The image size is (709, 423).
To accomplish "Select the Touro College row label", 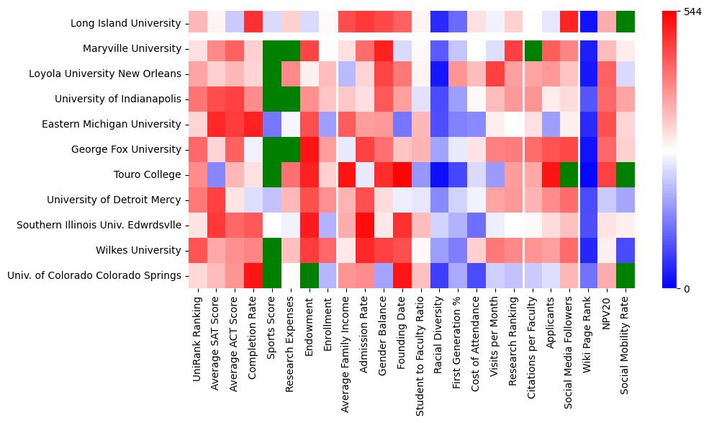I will click(x=148, y=174).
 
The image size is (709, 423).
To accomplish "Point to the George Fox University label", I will click(x=126, y=149).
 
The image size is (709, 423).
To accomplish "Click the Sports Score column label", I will click(x=272, y=329).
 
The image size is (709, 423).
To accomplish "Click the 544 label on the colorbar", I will click(x=692, y=12).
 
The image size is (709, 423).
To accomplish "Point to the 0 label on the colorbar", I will click(x=686, y=289).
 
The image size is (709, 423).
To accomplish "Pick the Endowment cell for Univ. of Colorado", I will click(x=310, y=275).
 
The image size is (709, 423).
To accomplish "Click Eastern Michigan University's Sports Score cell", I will click(x=272, y=124).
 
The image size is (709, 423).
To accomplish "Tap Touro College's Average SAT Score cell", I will click(x=216, y=174).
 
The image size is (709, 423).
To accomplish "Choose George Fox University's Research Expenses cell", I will click(x=291, y=149).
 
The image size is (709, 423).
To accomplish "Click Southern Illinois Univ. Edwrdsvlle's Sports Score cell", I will click(x=272, y=225).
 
